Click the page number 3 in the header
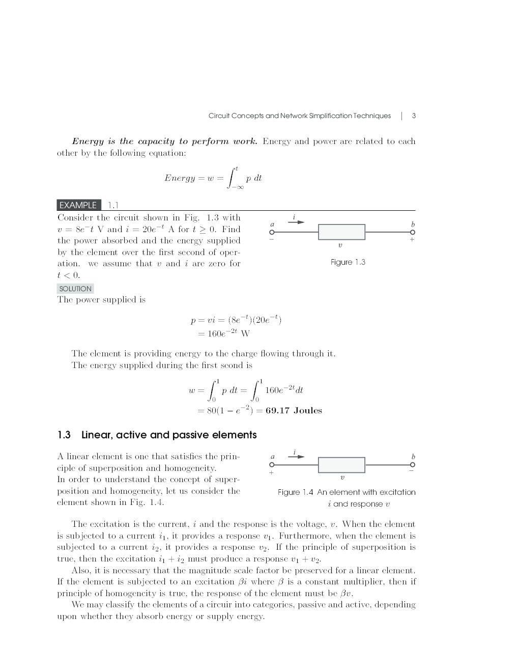pos(414,116)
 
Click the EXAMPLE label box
pos(78,205)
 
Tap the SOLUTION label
pos(75,289)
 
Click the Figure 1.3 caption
pos(348,262)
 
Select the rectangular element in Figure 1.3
pos(341,232)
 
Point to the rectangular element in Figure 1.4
pos(341,465)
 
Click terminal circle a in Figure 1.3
pos(272,232)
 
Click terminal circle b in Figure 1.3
pos(413,232)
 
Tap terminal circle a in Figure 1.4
pos(272,465)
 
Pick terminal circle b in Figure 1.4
pos(413,465)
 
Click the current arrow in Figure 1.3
pos(297,222)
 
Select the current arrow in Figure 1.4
pos(297,456)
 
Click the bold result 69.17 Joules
pos(294,411)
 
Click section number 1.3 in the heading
pos(64,435)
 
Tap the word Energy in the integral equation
pos(180,178)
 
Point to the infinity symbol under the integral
pos(239,188)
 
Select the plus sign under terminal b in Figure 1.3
pos(412,240)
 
